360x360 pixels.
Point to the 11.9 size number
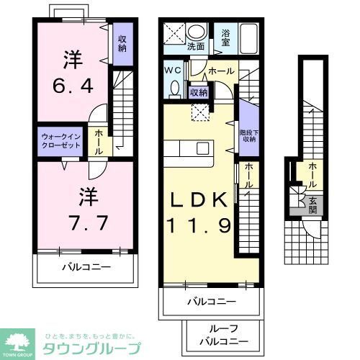pos(199,226)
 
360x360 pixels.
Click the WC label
pos(173,71)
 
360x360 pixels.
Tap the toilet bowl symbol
pos(174,89)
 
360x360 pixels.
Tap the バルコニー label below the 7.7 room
pos(85,267)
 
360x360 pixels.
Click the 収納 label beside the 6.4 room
pos(122,42)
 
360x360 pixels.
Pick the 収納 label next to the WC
pos(199,91)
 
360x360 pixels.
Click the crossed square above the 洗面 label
pos(173,33)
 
